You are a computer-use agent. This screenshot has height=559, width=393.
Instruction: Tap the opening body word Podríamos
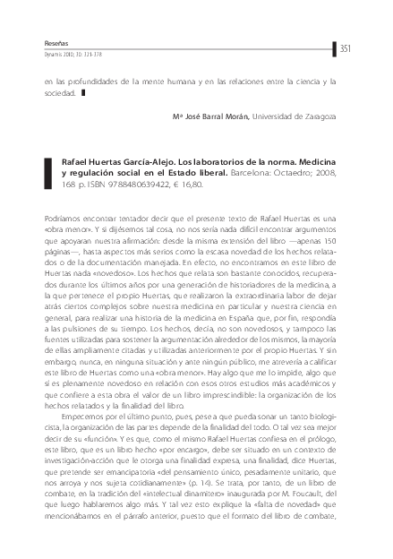click(63, 219)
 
